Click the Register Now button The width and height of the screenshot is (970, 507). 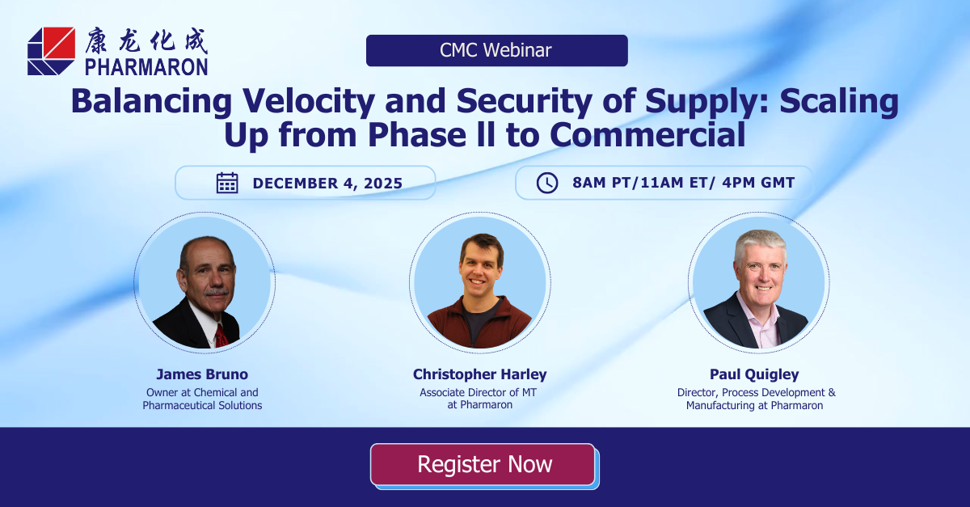pos(483,464)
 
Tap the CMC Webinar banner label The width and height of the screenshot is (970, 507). pos(496,50)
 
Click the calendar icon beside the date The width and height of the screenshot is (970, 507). pos(227,183)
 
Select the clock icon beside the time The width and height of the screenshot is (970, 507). pos(547,183)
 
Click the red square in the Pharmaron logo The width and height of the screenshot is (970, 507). pos(58,43)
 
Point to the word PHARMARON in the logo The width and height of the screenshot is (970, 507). pos(146,67)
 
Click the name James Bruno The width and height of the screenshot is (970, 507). pos(202,374)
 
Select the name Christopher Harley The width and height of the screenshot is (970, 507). pos(480,374)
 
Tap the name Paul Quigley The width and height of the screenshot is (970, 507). pos(754,374)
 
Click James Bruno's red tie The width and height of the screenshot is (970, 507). pos(221,336)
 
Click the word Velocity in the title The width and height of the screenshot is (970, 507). pos(308,101)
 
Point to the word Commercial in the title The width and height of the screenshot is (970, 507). pos(647,135)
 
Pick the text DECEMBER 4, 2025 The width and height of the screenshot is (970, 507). pos(327,184)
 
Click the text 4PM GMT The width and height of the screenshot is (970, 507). pos(758,183)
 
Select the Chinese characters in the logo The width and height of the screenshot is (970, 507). pos(146,41)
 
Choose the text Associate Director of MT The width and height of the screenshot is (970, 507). pos(478,392)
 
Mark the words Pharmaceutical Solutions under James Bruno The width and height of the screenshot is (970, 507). pos(202,405)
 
